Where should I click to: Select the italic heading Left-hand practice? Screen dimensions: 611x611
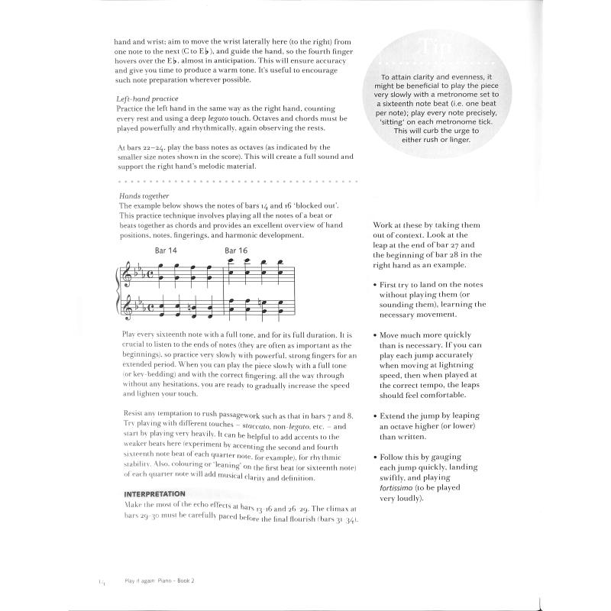pos(147,99)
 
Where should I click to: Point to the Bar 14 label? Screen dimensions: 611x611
pos(166,251)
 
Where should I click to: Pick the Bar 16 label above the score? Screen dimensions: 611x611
pos(236,251)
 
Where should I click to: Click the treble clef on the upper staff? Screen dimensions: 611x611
pos(126,273)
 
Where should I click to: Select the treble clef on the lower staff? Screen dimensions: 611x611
pos(126,309)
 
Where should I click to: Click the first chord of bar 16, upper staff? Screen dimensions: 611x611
pos(230,269)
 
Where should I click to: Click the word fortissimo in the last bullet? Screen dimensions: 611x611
pos(400,488)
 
